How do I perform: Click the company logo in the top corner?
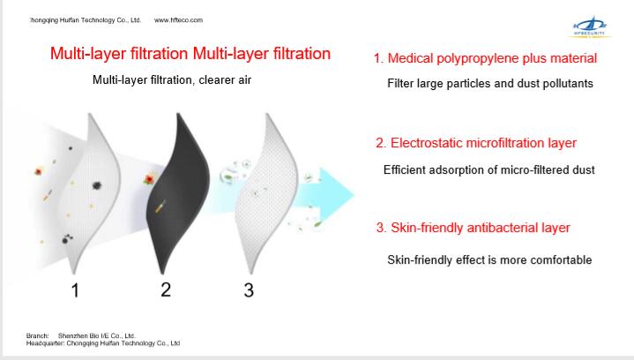[x=590, y=27]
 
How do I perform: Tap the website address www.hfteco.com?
[x=178, y=19]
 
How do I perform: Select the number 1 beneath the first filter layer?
[x=75, y=290]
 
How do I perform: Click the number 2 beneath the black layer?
[x=166, y=289]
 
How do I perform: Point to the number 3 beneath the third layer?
[x=249, y=290]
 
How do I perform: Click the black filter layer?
[x=179, y=193]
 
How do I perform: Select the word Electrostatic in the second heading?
[x=427, y=143]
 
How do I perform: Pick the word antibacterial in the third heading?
[x=503, y=228]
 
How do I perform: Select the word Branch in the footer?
[x=37, y=335]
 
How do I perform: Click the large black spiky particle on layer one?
[x=97, y=185]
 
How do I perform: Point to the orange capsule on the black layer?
[x=160, y=206]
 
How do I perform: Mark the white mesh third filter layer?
[x=267, y=193]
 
